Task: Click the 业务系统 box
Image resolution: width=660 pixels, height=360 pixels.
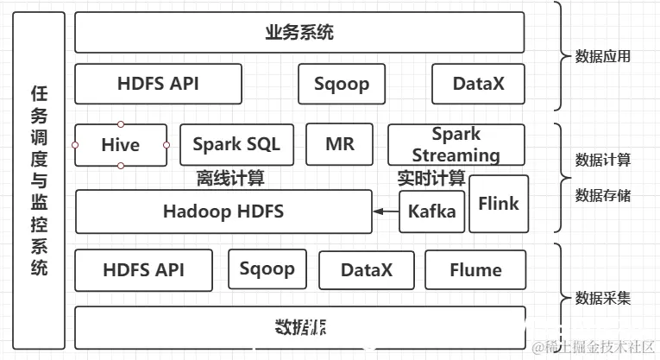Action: [x=299, y=33]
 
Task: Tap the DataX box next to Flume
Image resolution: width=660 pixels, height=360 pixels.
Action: [x=366, y=270]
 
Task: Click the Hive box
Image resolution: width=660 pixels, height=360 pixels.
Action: [x=120, y=145]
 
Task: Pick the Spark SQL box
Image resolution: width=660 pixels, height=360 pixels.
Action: [x=236, y=144]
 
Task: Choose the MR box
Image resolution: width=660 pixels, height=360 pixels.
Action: [x=339, y=144]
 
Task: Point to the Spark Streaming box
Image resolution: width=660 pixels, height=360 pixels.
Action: [x=456, y=145]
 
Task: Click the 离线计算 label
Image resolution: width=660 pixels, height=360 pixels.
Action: [x=230, y=179]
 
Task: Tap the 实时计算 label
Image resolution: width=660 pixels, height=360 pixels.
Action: [x=431, y=179]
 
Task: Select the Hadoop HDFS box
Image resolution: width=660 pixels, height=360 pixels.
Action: [x=223, y=212]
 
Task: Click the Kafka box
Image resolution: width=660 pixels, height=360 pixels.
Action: [x=431, y=212]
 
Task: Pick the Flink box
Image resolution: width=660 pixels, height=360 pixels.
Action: [x=499, y=204]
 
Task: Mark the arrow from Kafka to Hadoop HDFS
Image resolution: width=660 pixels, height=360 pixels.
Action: [x=386, y=211]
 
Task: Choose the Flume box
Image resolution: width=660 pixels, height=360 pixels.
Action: [x=475, y=270]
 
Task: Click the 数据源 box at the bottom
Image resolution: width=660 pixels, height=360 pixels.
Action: [x=299, y=327]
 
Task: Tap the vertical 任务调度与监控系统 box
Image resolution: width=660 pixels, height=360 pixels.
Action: [x=40, y=179]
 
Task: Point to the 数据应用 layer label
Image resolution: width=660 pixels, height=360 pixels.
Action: [x=602, y=57]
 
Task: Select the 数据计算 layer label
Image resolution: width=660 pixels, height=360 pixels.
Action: [x=602, y=160]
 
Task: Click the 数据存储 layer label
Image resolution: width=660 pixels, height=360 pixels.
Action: [x=602, y=195]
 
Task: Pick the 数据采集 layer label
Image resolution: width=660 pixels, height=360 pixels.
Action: [x=602, y=299]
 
